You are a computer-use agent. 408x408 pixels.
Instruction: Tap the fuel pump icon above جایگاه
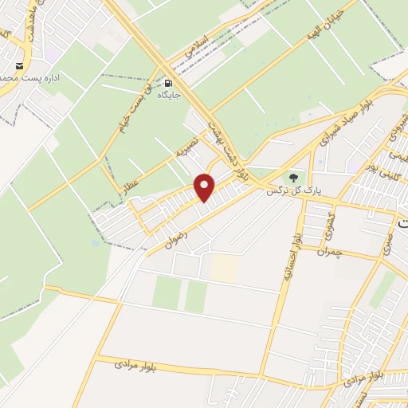(169, 82)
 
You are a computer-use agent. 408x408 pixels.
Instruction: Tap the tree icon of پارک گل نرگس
(294, 178)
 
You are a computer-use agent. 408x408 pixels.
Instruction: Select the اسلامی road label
(197, 43)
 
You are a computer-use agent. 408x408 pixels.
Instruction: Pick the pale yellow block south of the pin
(224, 268)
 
